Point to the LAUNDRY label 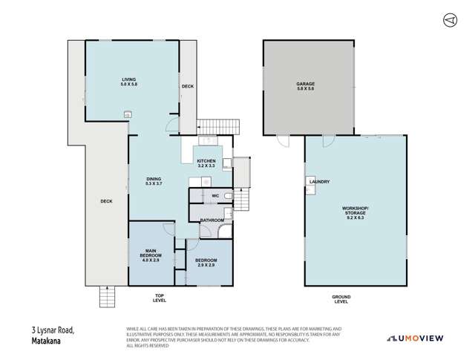(x=321, y=182)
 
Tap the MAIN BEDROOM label (x=150, y=255)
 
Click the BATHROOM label (x=212, y=220)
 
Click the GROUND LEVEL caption (x=341, y=299)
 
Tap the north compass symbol (x=448, y=19)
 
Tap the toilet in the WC (x=228, y=196)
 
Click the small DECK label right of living (x=188, y=86)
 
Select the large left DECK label (x=107, y=201)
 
